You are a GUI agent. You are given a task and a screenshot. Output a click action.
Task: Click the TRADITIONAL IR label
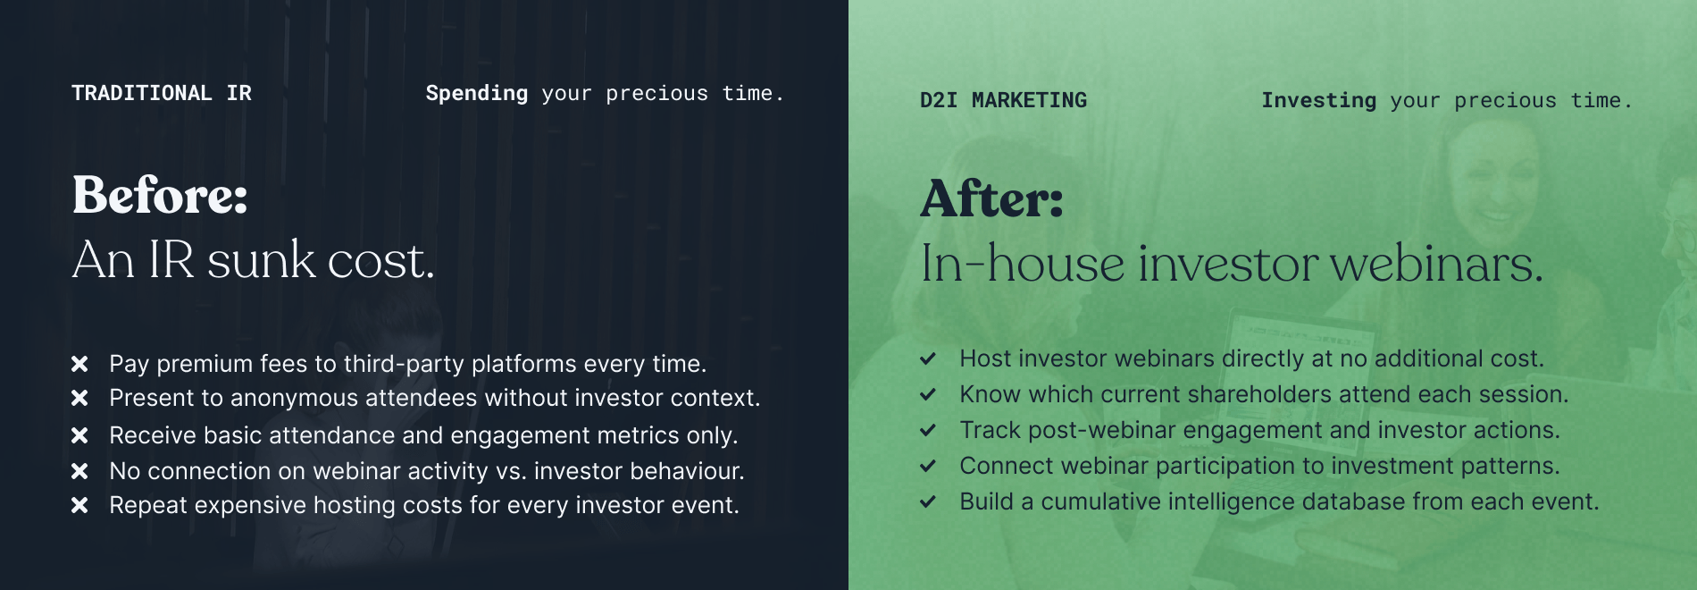tap(162, 93)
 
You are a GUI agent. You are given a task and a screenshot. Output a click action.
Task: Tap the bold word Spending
tap(477, 94)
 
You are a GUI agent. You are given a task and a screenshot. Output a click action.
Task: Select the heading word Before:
tap(160, 195)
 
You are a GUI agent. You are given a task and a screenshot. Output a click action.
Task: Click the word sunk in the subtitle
tap(262, 260)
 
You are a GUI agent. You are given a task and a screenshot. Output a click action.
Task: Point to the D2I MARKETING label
tap(1004, 100)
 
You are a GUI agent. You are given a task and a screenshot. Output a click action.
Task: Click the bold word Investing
tap(1319, 101)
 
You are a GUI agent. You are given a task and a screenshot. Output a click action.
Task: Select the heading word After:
tap(992, 198)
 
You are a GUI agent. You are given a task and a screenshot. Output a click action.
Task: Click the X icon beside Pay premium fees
tap(79, 364)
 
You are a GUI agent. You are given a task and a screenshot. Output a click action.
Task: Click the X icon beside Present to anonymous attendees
tap(79, 398)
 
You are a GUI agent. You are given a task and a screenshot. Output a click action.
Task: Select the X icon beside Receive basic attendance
tap(79, 435)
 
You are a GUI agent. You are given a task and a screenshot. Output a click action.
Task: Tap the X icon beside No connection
tap(79, 471)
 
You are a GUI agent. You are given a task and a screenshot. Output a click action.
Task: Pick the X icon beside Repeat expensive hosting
tap(79, 505)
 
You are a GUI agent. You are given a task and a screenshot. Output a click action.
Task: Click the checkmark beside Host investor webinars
tap(928, 358)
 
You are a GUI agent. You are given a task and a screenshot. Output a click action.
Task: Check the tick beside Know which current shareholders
tap(928, 394)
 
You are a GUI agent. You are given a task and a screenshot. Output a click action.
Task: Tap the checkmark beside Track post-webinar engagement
tap(928, 430)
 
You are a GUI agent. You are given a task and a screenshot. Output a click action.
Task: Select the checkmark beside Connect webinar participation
tap(928, 466)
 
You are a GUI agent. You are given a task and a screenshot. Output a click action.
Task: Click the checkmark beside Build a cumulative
tap(928, 501)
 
